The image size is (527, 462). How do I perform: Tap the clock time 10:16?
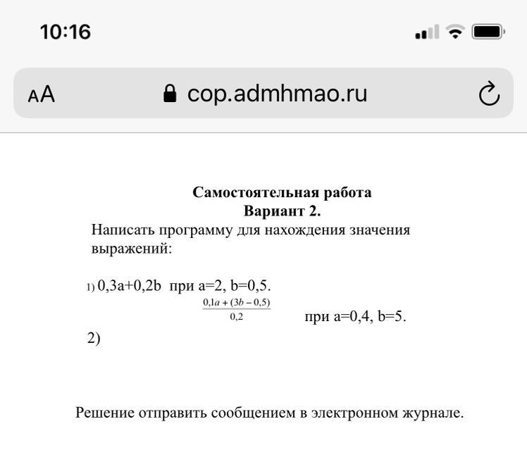point(66,32)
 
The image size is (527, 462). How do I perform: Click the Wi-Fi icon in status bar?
point(455,32)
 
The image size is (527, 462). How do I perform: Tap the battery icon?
point(488,32)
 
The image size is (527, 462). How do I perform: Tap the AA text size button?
point(42,94)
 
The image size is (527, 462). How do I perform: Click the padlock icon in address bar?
point(170,94)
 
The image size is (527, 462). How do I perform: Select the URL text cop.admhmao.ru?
point(277,94)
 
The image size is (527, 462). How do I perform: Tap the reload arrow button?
point(489,94)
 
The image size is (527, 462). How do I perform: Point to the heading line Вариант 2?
point(282,211)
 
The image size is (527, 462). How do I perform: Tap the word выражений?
point(132,249)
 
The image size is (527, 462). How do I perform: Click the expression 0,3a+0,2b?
point(130,286)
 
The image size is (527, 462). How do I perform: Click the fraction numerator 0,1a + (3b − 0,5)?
point(237,303)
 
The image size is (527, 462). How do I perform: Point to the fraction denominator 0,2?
point(237,316)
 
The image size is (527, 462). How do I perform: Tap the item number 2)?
point(94,338)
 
